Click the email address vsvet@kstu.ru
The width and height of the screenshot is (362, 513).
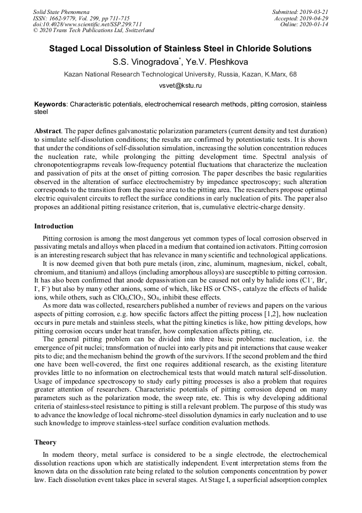180,86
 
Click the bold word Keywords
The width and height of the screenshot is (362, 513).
51,104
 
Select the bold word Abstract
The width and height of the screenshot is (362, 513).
48,131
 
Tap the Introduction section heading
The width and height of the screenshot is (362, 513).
54,226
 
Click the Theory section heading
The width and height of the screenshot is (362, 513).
45,442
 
